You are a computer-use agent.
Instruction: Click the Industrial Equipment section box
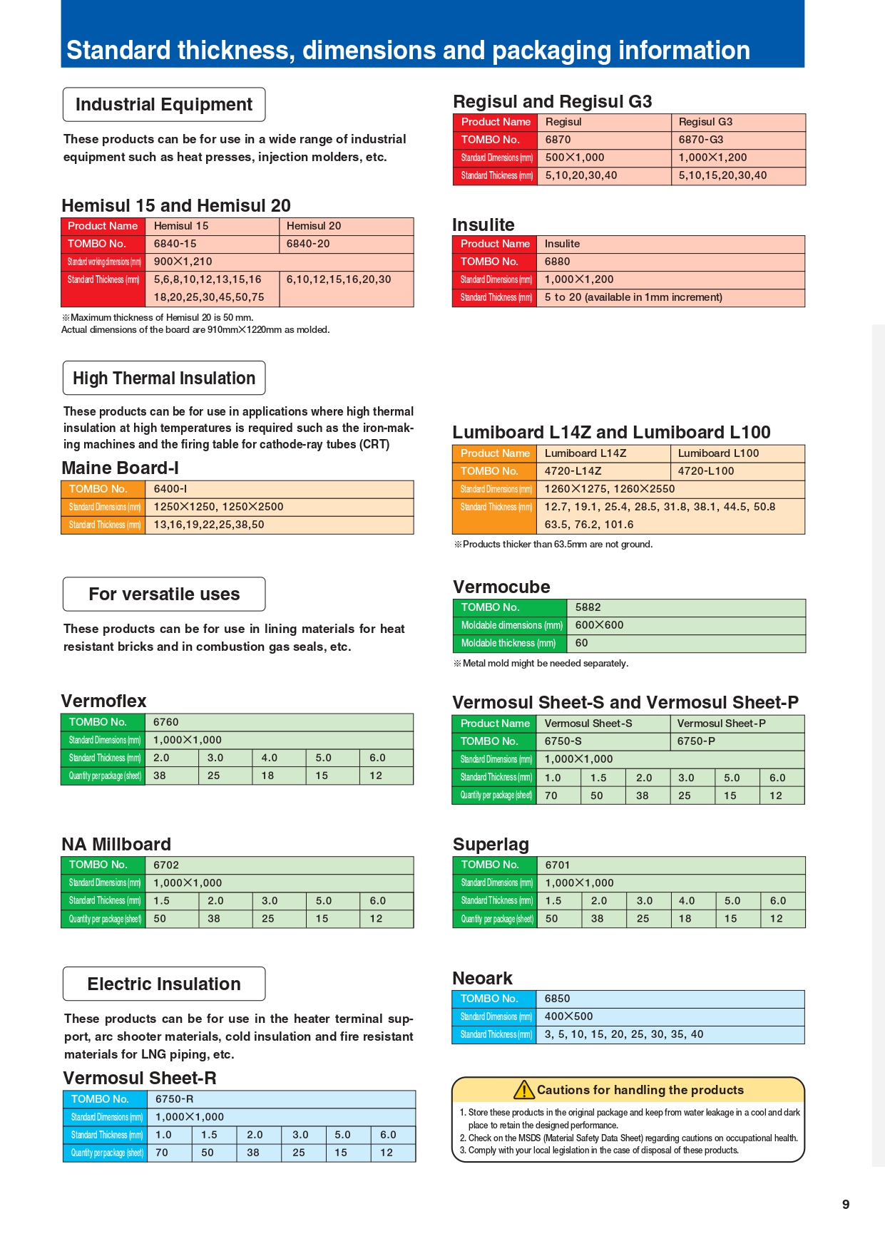(164, 105)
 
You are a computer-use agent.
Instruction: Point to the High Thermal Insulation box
(164, 378)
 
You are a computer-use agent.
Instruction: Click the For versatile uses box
(164, 594)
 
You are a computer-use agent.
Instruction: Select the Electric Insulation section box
(164, 984)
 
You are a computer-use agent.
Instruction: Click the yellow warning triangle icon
(524, 1089)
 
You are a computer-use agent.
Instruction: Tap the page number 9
(846, 1204)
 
